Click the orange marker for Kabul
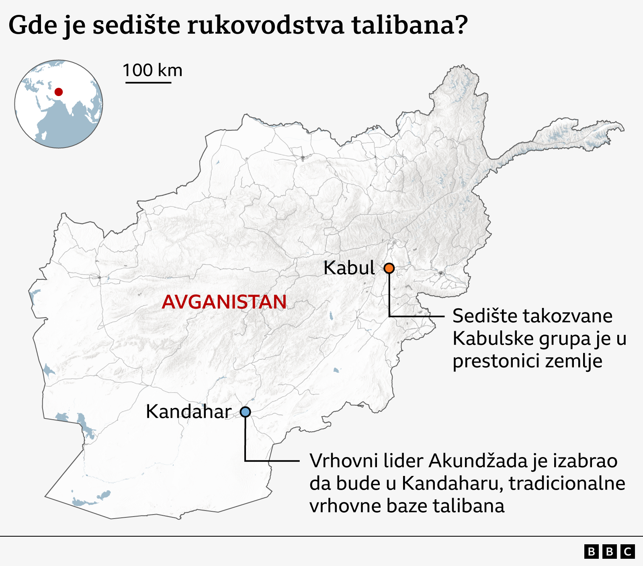(389, 268)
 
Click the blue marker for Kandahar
(245, 412)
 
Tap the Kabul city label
(349, 268)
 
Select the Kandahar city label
(188, 412)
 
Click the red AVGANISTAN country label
(224, 302)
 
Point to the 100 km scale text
(152, 70)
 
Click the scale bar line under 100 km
(148, 83)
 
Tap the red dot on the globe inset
(59, 92)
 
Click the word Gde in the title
(32, 25)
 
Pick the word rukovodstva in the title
(266, 25)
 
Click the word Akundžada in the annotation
(478, 461)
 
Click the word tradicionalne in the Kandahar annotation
(567, 484)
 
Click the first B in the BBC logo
(591, 552)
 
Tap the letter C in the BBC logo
(627, 552)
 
